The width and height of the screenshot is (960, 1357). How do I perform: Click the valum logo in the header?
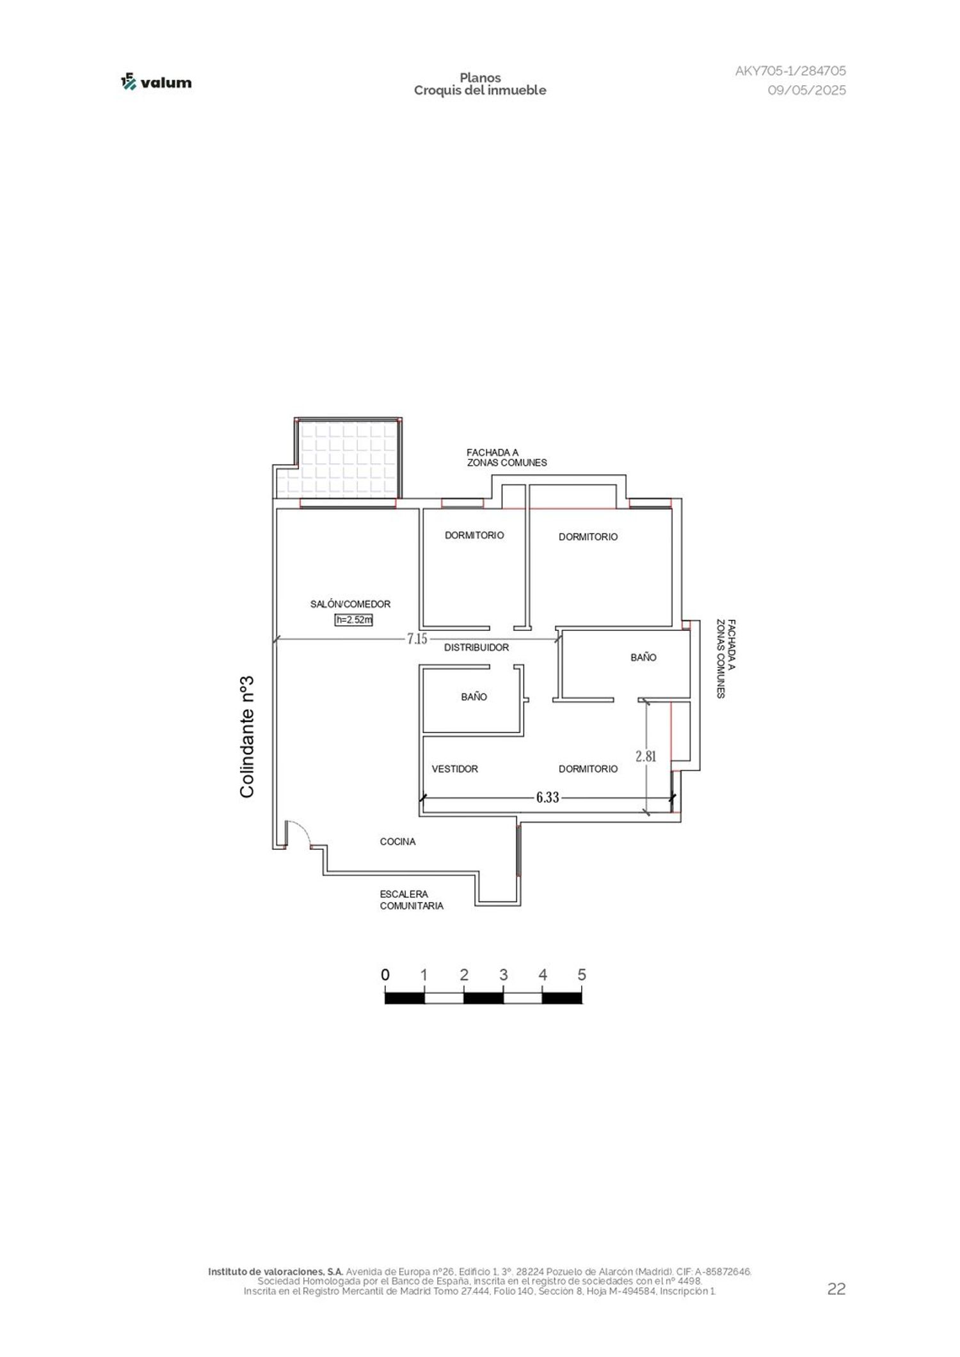tap(156, 82)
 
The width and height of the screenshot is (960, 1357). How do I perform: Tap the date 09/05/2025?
tap(806, 90)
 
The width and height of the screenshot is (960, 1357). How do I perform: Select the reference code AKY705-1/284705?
tap(790, 71)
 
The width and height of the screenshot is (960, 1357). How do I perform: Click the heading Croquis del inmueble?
tap(480, 90)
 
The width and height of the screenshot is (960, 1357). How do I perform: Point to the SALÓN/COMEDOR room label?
tap(350, 604)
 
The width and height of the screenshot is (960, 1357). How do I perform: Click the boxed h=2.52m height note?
tap(354, 619)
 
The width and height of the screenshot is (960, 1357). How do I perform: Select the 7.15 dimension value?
tap(417, 639)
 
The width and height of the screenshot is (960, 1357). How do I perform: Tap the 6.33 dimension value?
tap(547, 797)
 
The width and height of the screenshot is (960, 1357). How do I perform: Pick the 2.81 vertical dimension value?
tap(646, 756)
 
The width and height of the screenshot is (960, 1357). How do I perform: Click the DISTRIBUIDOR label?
tap(476, 647)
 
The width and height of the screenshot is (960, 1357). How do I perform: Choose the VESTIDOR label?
tap(454, 769)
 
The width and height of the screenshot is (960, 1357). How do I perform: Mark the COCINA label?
tap(397, 842)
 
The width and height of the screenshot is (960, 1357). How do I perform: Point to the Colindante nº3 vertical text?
tap(247, 736)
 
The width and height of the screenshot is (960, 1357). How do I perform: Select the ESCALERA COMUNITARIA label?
tap(412, 900)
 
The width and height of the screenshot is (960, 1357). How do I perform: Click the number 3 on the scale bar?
tap(504, 974)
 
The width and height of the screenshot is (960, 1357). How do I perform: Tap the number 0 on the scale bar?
tap(385, 974)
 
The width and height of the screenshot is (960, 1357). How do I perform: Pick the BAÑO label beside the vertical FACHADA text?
tap(643, 657)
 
